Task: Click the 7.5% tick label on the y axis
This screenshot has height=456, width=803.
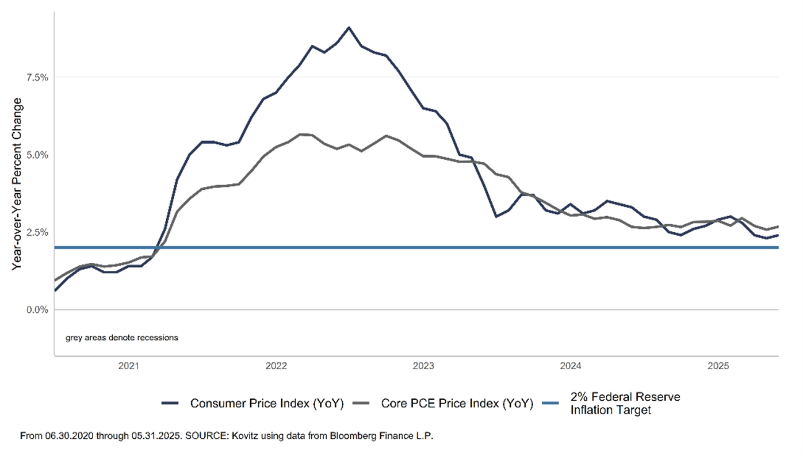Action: (x=35, y=78)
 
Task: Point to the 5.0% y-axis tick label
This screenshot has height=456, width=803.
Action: (x=35, y=155)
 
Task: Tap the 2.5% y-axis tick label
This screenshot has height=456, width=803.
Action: (x=35, y=232)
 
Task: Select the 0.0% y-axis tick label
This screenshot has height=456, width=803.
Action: (x=35, y=310)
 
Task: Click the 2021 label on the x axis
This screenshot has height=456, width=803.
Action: (x=128, y=366)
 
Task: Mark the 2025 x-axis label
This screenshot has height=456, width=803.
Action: (x=718, y=366)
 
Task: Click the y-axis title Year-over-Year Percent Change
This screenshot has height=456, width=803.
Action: (x=17, y=184)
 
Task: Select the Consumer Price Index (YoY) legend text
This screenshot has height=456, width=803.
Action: (x=267, y=404)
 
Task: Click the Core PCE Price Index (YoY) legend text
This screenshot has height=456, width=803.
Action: (x=457, y=404)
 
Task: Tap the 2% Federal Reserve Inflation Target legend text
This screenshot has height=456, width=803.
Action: (x=625, y=404)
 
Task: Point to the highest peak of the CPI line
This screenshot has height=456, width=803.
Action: (x=349, y=27)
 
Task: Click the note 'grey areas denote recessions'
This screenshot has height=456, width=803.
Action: (x=122, y=338)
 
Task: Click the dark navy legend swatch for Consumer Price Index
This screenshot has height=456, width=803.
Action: (x=171, y=404)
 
